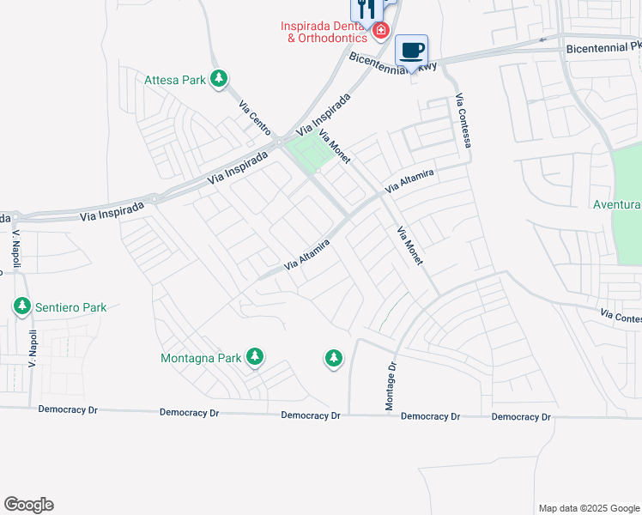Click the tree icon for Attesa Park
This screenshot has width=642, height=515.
(x=220, y=80)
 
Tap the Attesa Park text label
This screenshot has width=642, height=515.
(x=176, y=80)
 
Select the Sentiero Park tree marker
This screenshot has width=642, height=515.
(x=21, y=306)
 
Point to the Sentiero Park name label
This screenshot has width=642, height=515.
(x=70, y=306)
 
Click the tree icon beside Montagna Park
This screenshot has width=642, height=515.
(x=254, y=356)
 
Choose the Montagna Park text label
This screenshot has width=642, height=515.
(x=203, y=357)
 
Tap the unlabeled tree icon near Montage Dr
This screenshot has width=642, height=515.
(x=333, y=358)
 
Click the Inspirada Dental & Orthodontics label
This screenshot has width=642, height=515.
(x=324, y=32)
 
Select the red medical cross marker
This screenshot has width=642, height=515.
(x=380, y=32)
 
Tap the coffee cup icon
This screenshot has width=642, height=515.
(x=411, y=51)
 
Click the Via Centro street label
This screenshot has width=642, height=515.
(x=255, y=117)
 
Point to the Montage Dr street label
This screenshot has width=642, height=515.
(x=391, y=385)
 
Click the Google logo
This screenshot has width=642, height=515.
(x=28, y=505)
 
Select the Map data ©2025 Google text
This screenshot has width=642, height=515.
(x=588, y=508)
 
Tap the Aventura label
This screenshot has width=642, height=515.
(x=617, y=204)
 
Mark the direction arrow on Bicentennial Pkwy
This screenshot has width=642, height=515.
(x=542, y=39)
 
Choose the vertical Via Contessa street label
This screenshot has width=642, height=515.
(x=464, y=119)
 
